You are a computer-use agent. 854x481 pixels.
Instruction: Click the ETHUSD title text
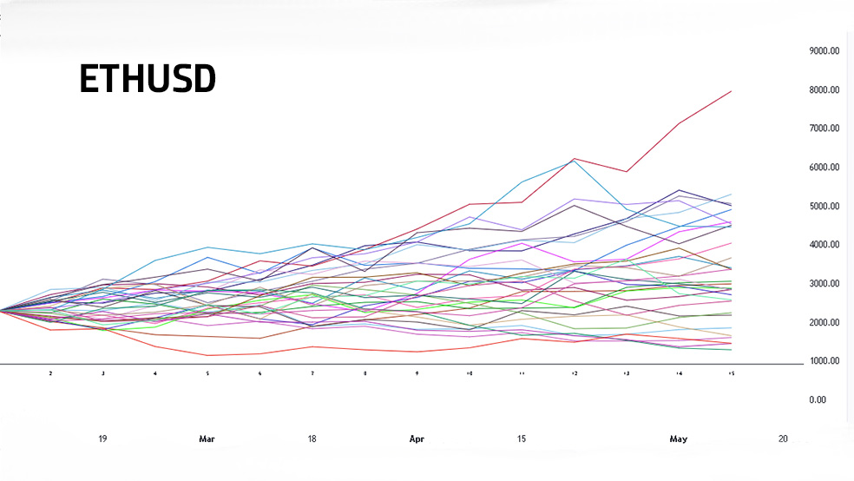147,79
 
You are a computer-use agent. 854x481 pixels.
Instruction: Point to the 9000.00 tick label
824,51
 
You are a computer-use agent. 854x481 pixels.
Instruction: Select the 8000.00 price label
824,90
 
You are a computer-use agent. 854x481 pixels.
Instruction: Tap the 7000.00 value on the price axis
824,128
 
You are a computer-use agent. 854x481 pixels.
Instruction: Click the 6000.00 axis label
824,168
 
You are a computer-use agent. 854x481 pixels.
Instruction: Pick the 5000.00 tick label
824,207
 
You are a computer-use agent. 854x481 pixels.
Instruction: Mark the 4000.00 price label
824,245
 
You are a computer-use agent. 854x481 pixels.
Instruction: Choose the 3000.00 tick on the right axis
824,284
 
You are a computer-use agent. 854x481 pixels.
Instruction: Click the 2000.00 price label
824,323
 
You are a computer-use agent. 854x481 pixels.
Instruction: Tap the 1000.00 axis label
824,361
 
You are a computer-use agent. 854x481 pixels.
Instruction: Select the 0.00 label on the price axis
818,400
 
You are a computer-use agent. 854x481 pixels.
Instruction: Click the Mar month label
207,439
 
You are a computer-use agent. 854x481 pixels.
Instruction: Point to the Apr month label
417,439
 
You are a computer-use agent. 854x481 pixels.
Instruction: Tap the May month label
678,439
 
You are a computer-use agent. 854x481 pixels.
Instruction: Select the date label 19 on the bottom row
102,439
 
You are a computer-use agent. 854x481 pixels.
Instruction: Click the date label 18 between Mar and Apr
312,439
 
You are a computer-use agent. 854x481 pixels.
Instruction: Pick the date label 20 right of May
783,439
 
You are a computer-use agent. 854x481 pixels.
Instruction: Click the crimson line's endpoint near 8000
731,91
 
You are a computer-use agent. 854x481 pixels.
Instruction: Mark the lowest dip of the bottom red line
207,355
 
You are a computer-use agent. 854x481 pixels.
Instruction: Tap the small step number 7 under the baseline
312,373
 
